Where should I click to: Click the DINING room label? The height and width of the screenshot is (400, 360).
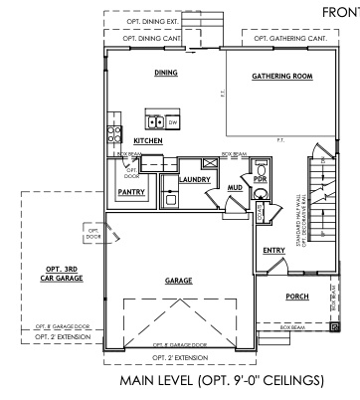(165, 73)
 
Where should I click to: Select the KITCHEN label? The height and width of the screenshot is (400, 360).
(148, 141)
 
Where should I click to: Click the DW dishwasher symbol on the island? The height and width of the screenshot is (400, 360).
(171, 123)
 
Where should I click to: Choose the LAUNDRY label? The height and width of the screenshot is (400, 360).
(193, 179)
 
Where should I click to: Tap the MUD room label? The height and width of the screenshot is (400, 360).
(235, 186)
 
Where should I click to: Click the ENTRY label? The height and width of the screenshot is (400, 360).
(273, 251)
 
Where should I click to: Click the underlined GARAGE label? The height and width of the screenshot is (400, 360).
(178, 281)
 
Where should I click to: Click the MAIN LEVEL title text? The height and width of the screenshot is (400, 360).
(222, 381)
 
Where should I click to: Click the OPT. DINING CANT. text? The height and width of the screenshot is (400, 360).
(155, 39)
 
